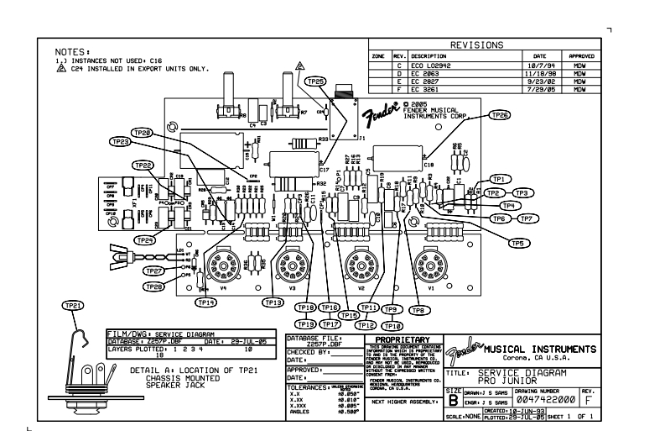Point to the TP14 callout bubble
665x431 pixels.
(x=206, y=302)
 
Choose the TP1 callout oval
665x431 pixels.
(x=500, y=179)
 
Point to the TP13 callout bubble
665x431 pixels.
(x=273, y=302)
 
